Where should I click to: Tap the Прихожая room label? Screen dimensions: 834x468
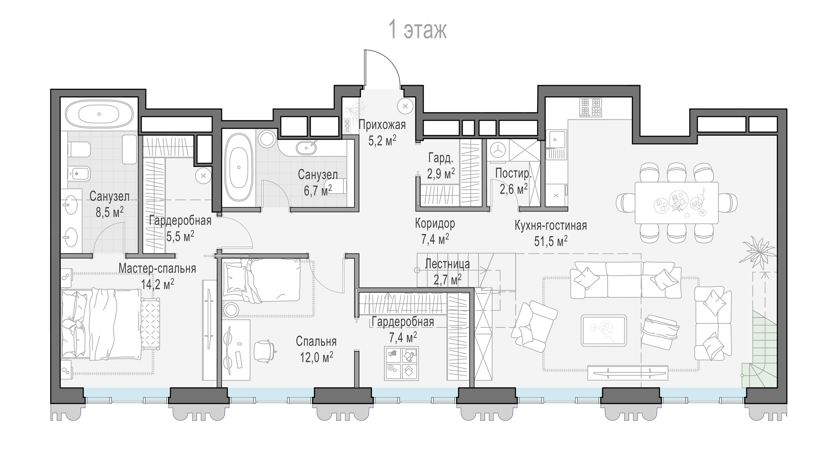click(382, 125)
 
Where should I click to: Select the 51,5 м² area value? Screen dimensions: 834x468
click(551, 241)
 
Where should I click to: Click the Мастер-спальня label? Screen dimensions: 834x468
click(157, 268)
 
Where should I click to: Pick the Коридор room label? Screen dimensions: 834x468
click(435, 223)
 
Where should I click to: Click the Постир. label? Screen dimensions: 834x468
click(513, 173)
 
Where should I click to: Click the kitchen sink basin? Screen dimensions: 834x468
click(556, 139)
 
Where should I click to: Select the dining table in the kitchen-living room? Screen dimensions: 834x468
click(677, 202)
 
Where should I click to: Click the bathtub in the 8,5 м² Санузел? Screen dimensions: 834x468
click(99, 114)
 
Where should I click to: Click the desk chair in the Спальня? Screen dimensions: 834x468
click(265, 351)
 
